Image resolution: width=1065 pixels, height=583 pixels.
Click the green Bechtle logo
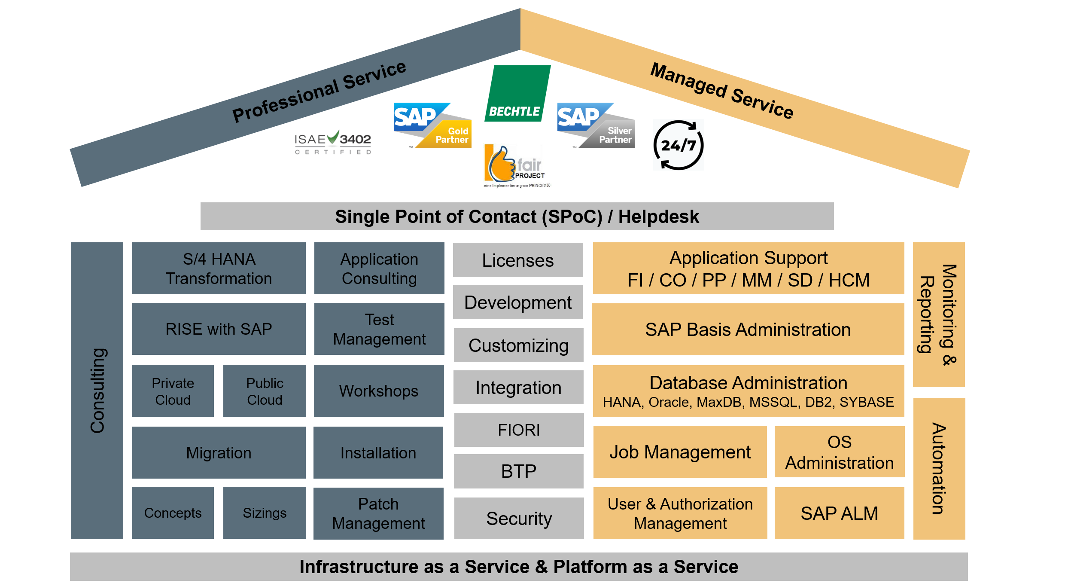[517, 94]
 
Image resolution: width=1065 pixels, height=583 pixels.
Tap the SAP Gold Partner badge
[432, 125]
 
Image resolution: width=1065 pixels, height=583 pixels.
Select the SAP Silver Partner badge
[596, 125]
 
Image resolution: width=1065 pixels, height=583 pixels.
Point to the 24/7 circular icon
[678, 145]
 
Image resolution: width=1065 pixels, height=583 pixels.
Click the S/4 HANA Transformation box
[219, 269]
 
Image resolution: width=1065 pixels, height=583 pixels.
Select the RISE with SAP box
[219, 329]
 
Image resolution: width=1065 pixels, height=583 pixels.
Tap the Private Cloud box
[173, 391]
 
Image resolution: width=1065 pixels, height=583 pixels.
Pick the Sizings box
[265, 513]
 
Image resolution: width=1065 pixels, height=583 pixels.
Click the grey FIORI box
[519, 430]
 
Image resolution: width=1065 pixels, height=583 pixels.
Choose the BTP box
[519, 471]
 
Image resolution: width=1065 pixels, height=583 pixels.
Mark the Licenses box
[518, 260]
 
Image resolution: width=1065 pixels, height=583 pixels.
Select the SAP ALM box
[839, 513]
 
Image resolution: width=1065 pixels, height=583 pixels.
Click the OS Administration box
[839, 452]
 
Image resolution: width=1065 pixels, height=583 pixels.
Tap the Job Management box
[680, 452]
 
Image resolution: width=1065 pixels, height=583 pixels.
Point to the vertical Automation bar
[939, 468]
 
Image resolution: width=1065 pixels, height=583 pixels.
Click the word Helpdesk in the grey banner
[658, 217]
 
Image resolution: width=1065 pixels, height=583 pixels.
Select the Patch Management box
[378, 513]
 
